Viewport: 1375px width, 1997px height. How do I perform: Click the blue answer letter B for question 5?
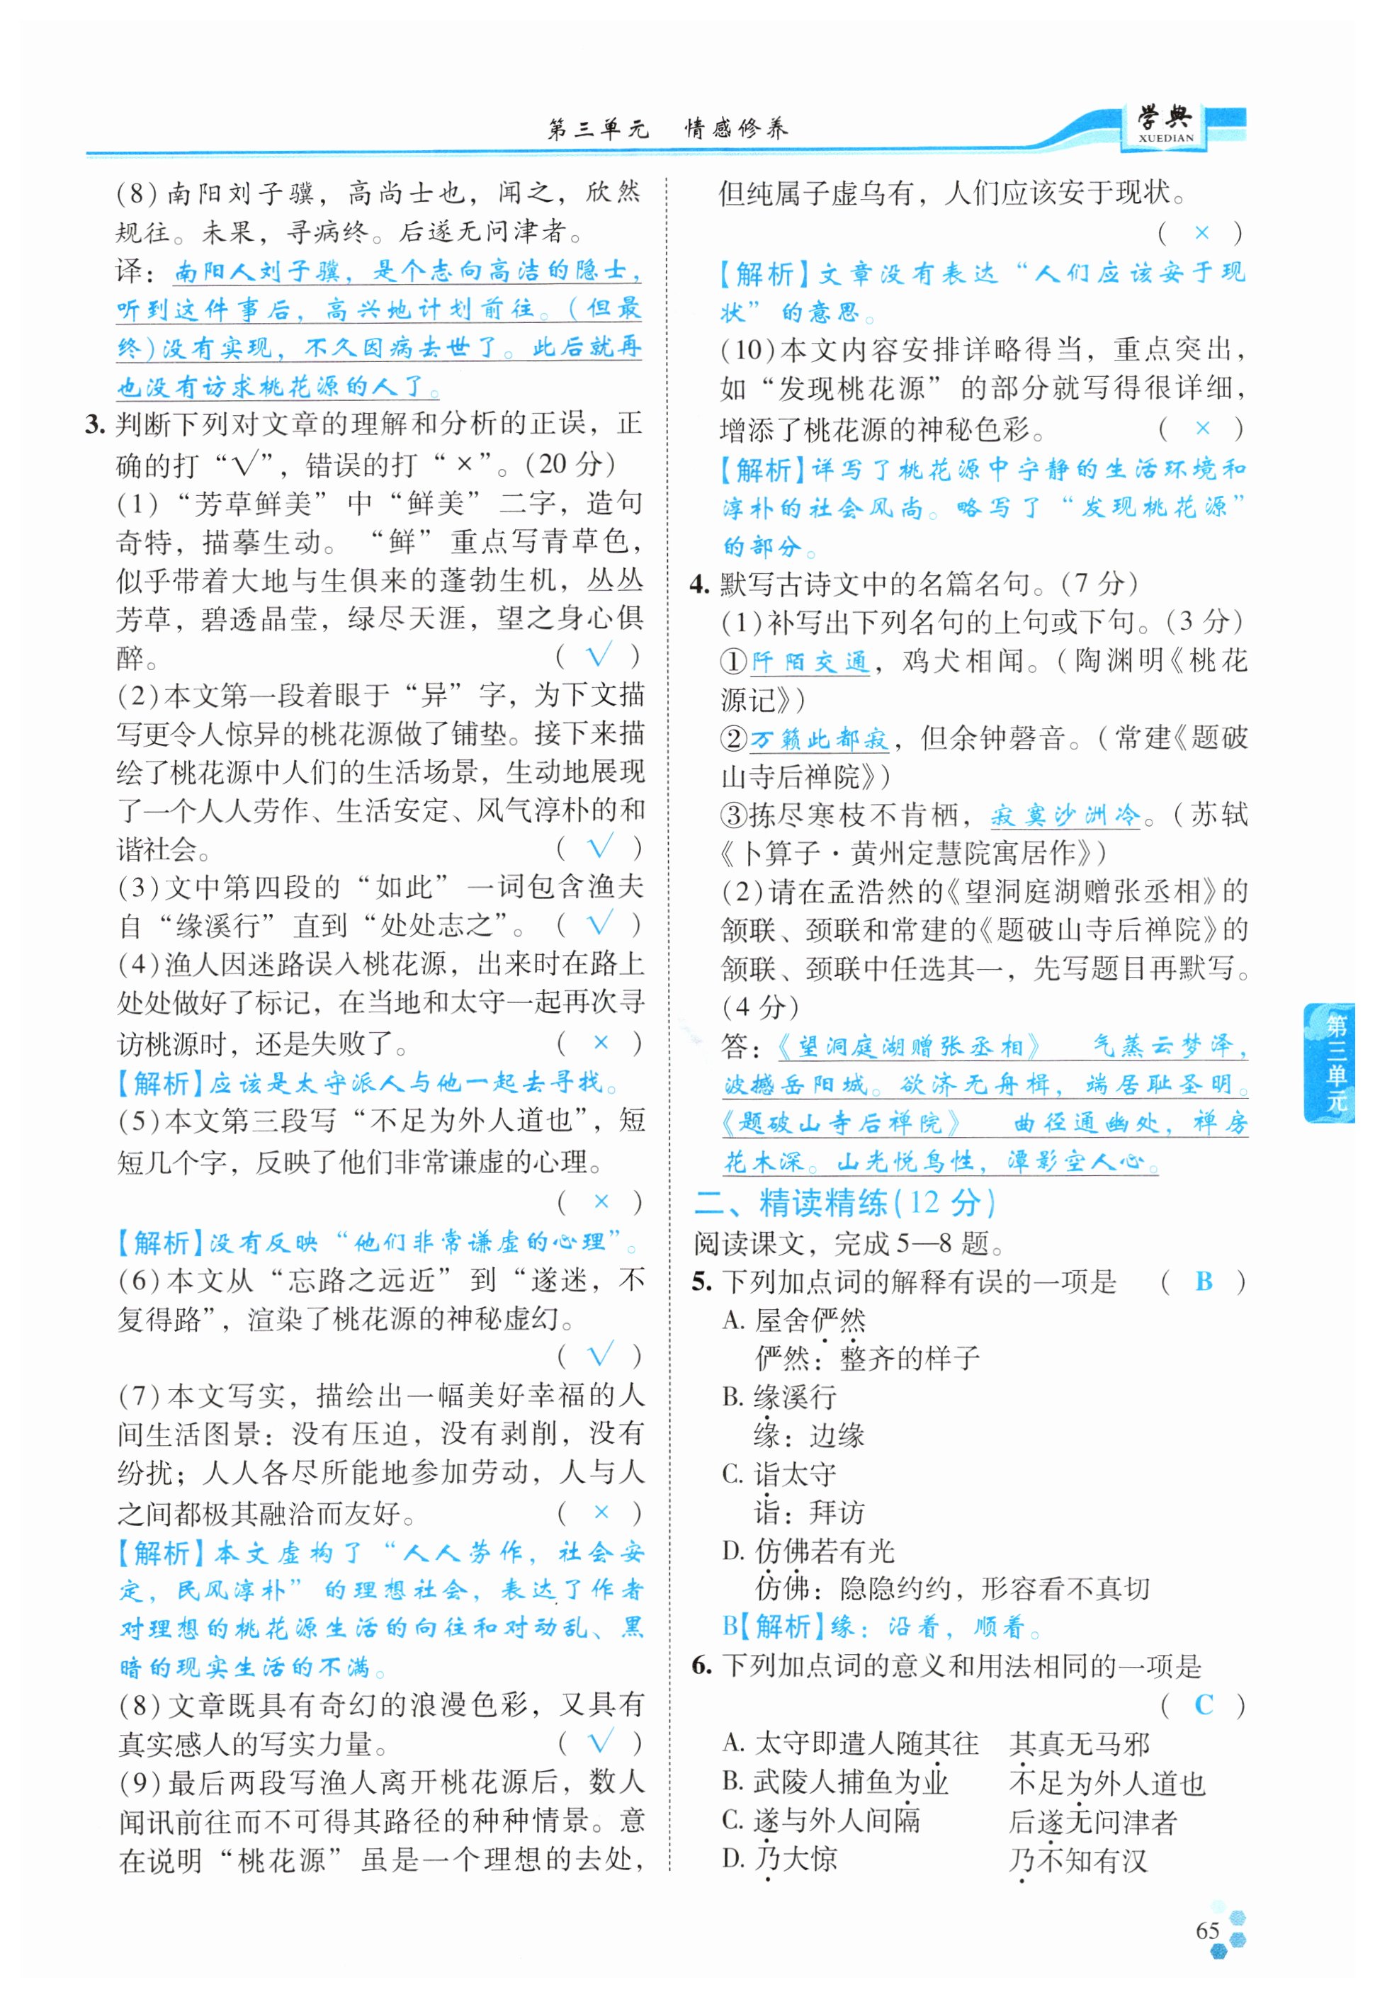point(1204,1282)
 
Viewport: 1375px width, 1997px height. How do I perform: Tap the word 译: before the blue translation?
point(136,271)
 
